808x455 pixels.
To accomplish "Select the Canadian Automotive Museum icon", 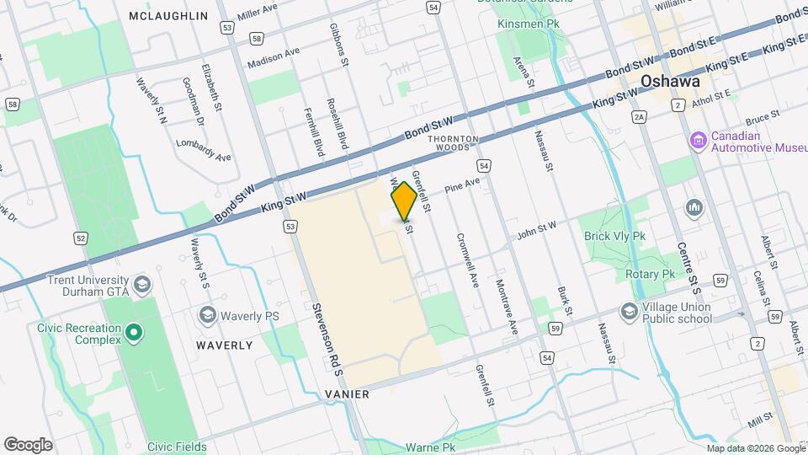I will [697, 139].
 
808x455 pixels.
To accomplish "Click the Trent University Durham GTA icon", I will [142, 283].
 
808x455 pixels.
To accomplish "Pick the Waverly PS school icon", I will [206, 315].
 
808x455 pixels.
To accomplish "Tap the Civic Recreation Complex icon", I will [134, 335].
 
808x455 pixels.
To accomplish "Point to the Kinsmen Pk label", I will [529, 24].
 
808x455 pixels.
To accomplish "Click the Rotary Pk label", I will [651, 275].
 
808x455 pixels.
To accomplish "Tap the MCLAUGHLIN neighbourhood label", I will [169, 16].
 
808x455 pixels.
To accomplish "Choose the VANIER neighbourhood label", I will [347, 394].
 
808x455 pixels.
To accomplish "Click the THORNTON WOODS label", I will [453, 142].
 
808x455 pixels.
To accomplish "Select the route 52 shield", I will [81, 238].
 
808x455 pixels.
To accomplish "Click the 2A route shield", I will [639, 117].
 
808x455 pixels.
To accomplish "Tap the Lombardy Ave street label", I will [203, 150].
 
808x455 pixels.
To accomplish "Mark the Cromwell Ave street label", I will [467, 259].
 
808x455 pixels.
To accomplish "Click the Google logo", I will [28, 444].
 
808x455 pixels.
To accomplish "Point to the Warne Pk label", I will [430, 447].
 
